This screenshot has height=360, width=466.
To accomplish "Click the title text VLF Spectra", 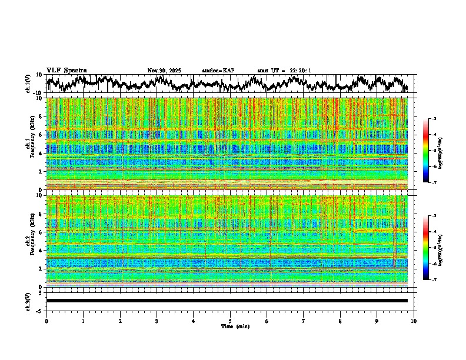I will (x=66, y=71).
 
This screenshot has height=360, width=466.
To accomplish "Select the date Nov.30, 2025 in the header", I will (x=164, y=71).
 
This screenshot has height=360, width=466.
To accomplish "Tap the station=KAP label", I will (x=218, y=71).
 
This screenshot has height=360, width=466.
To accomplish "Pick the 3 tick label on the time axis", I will (x=157, y=321).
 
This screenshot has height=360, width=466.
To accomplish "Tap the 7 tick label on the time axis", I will (x=304, y=321).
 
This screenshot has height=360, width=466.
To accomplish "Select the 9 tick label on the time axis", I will (x=377, y=321).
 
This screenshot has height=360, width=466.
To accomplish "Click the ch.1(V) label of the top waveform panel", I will (x=28, y=84).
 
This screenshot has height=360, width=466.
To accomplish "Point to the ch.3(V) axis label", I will (x=28, y=301).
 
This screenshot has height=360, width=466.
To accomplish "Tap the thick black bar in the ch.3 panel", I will (x=227, y=301).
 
